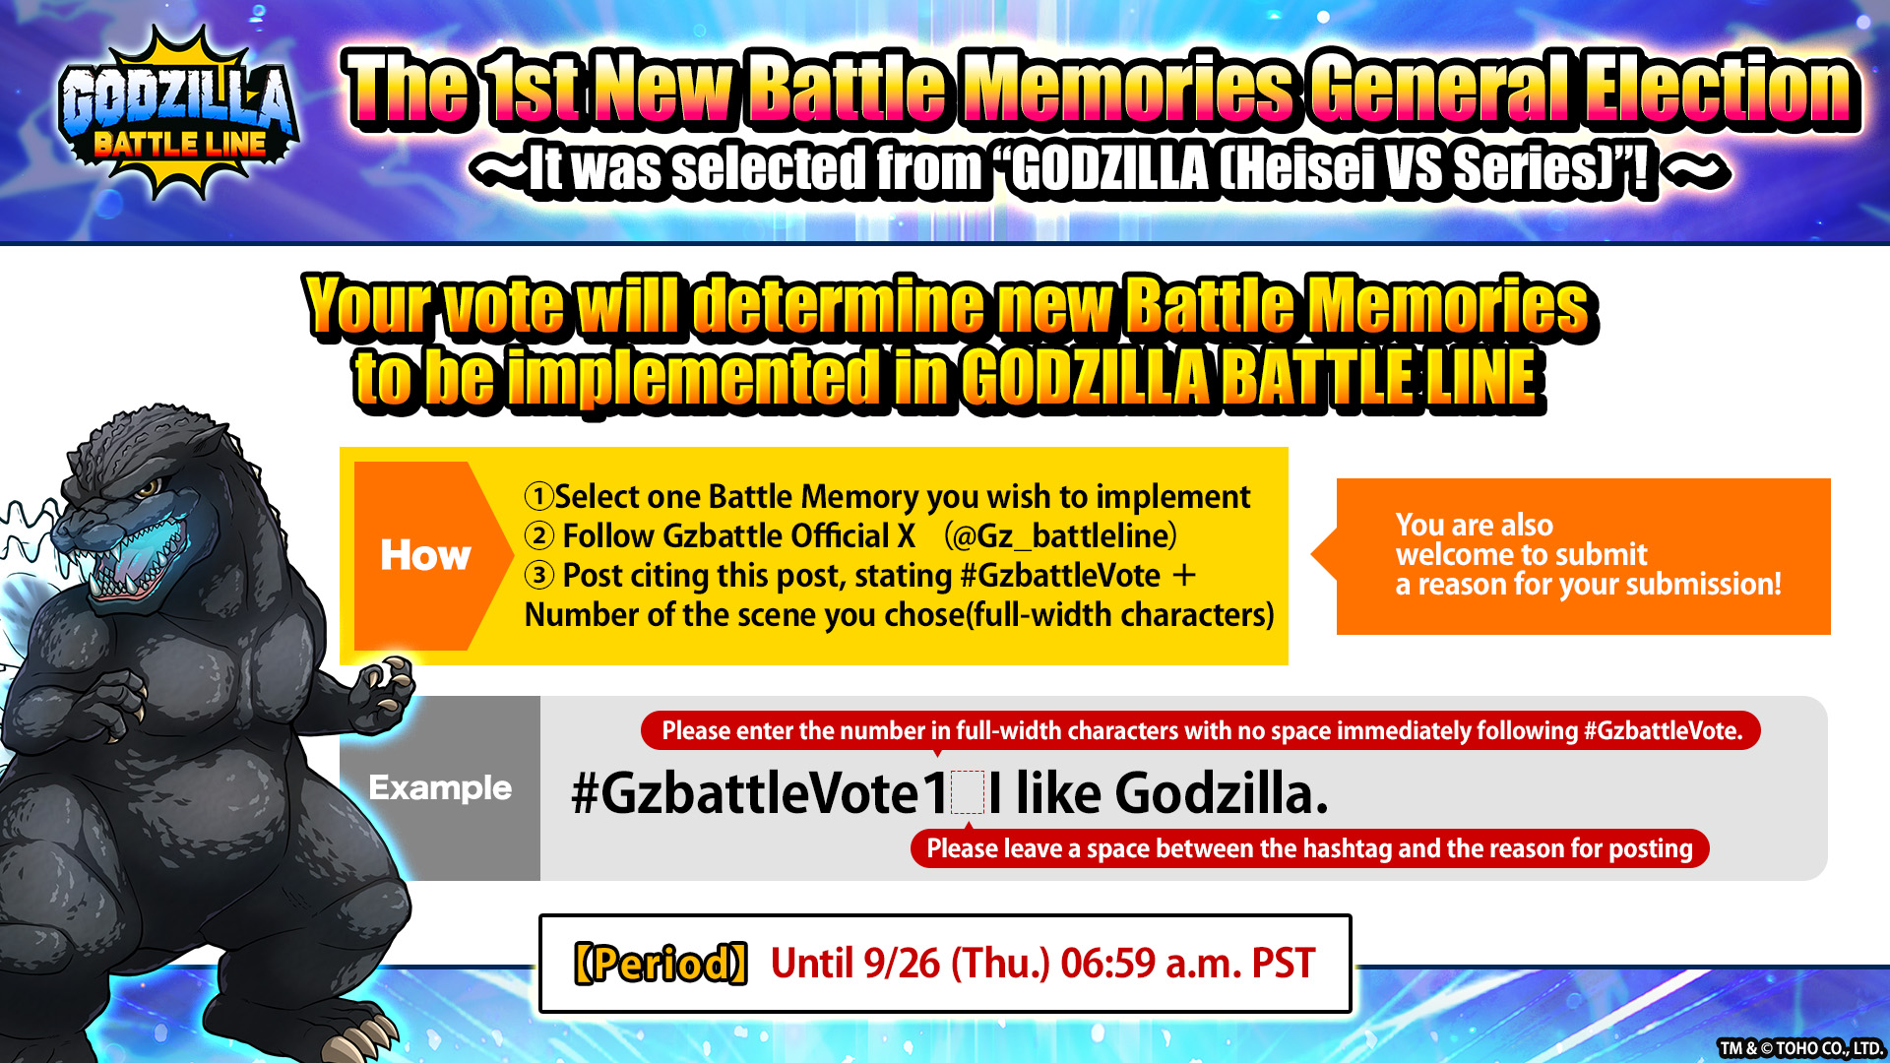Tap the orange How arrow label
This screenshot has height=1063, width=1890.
(426, 555)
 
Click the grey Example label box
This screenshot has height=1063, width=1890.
(440, 788)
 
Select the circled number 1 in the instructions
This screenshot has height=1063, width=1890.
(538, 496)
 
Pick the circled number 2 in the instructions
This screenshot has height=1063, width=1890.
(538, 535)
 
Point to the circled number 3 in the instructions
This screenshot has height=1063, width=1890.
(538, 575)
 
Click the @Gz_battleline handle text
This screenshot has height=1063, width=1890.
(1060, 536)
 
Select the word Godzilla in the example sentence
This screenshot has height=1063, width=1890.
(1222, 793)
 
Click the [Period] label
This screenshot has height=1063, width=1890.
(661, 964)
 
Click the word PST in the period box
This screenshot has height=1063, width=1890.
(1283, 964)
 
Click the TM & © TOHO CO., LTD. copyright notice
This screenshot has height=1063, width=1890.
(1800, 1048)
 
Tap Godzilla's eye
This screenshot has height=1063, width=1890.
(149, 487)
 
